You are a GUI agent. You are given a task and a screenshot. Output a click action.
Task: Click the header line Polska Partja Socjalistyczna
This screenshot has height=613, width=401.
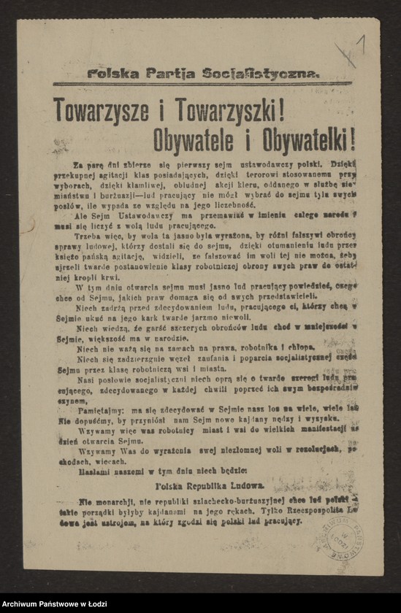[203, 73]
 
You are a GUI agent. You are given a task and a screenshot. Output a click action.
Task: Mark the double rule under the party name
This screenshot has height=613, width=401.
[203, 84]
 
